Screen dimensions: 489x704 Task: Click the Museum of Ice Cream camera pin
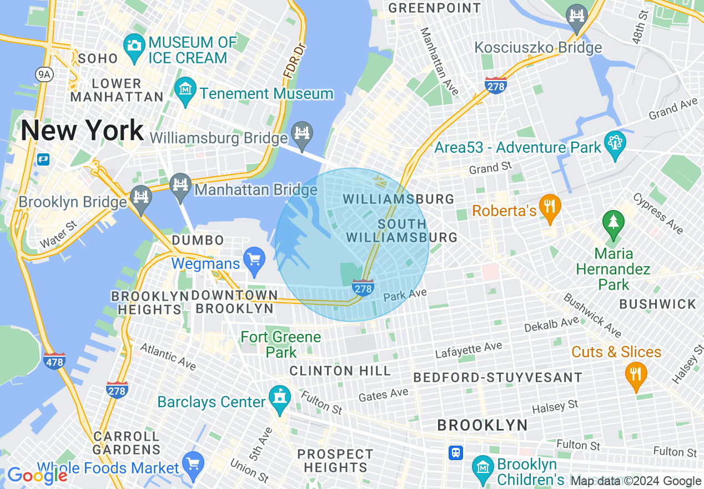[134, 44]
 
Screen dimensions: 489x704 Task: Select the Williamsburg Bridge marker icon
[302, 133]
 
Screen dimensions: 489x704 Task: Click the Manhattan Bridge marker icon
[180, 183]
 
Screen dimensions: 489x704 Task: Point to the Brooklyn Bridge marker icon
[140, 197]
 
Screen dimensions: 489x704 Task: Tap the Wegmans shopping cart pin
[255, 259]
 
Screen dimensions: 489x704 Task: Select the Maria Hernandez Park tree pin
[613, 222]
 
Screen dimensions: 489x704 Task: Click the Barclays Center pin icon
[279, 397]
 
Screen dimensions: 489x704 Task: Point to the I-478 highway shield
[54, 362]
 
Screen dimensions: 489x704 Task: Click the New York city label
[82, 131]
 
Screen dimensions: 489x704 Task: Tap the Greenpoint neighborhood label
[434, 8]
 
